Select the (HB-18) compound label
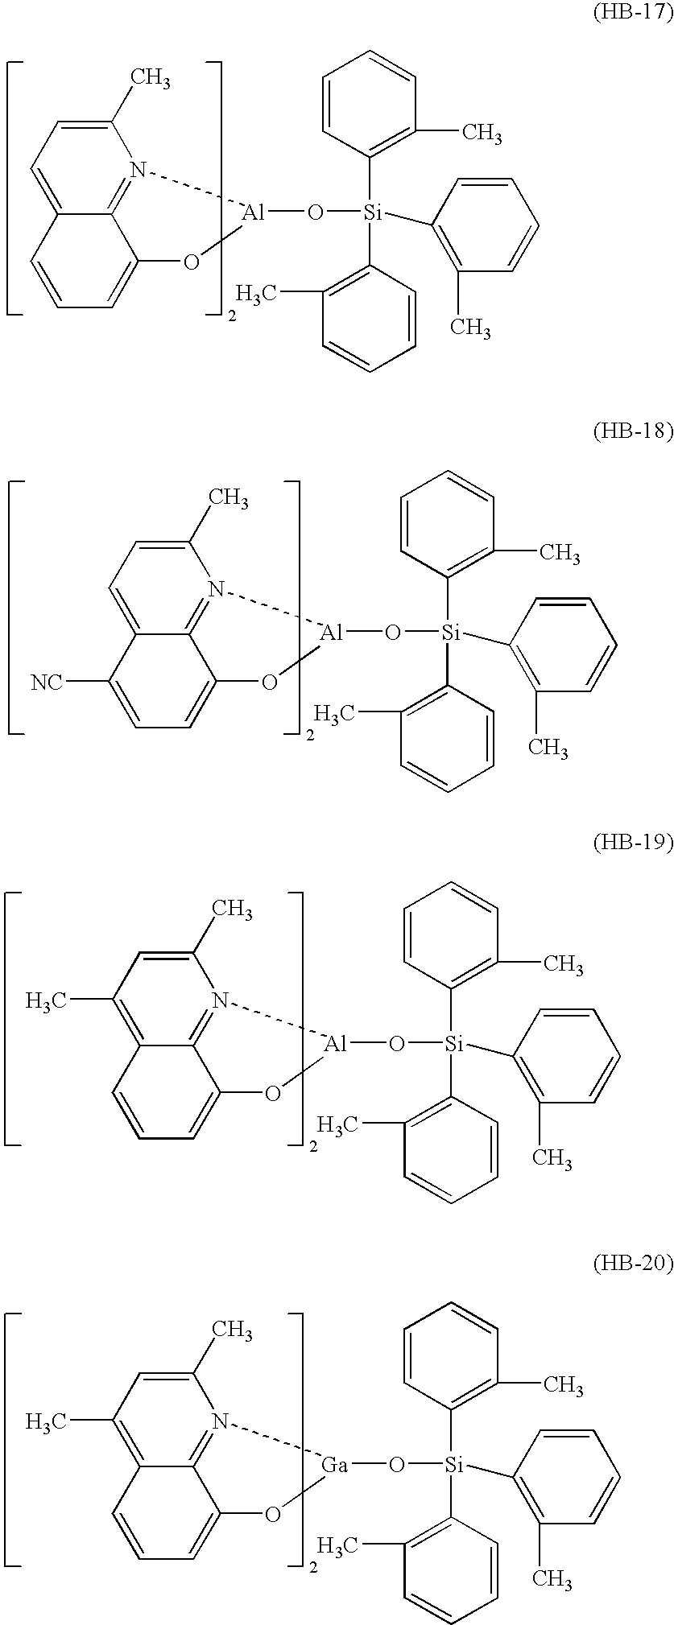pos(632,432)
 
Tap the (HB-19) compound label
pos(632,843)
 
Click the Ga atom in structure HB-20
pos(334,1465)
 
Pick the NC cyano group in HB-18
pos(47,683)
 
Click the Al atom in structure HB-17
pos(254,212)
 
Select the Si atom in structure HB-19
pos(453,1046)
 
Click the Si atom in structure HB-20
pos(453,1465)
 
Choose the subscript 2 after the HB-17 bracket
pos(233,317)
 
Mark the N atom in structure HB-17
pos(139,170)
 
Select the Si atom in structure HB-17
pos(372,212)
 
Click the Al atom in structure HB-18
pos(333,633)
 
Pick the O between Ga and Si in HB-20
pos(395,1466)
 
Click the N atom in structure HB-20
pos(217,1421)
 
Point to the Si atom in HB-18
pos(451,633)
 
